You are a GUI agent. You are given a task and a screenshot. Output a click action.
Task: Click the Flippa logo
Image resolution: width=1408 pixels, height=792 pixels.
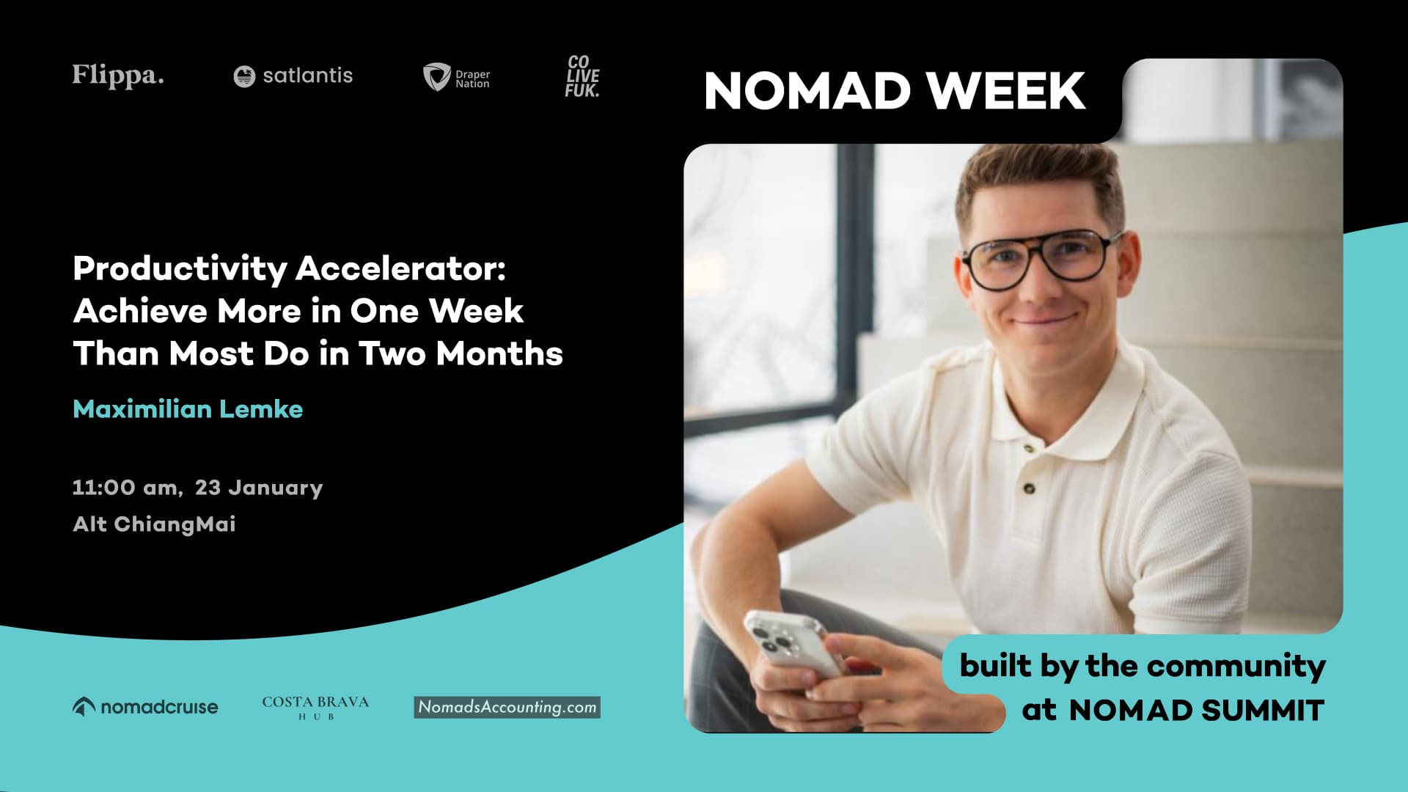(118, 76)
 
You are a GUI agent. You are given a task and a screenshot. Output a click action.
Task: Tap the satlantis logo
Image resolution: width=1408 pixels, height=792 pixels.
(293, 76)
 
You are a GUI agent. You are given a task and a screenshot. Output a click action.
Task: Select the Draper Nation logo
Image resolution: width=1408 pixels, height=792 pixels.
(456, 77)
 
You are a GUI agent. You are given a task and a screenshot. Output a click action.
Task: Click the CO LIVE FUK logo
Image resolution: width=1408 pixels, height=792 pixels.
(582, 76)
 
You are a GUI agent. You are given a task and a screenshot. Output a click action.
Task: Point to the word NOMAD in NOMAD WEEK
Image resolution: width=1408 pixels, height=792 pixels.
(807, 92)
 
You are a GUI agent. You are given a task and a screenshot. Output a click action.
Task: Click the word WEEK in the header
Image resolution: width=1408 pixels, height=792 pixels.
(1006, 92)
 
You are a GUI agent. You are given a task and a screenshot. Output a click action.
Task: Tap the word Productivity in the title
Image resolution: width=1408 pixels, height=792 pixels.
(180, 269)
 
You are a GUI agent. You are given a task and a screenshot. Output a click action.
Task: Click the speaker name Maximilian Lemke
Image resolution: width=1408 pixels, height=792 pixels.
(188, 409)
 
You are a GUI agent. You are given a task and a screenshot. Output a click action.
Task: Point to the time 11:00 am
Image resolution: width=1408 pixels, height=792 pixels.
(126, 488)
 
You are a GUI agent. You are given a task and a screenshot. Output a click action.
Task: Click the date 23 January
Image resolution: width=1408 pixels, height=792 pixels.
(259, 488)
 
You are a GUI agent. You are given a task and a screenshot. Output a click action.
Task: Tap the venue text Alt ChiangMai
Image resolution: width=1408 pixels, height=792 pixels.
(154, 524)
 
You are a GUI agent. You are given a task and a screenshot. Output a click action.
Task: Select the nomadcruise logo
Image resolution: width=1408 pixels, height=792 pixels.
(145, 707)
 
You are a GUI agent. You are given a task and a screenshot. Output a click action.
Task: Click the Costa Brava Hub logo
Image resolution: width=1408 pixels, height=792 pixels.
(315, 707)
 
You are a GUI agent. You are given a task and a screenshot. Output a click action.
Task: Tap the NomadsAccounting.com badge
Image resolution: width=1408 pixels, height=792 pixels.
(507, 707)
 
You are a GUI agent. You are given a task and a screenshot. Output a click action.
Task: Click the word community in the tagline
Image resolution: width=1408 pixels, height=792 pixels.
(1236, 666)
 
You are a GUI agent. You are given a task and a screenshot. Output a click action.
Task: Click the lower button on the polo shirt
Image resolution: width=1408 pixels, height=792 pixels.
(1030, 488)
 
